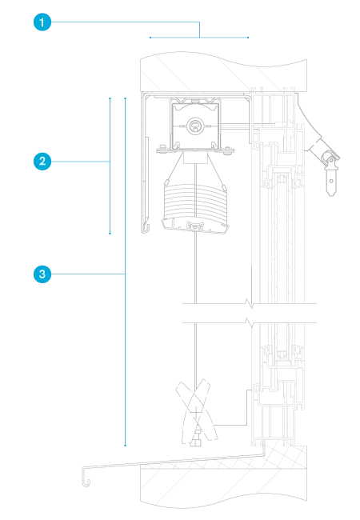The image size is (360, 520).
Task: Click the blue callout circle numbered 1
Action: (x=42, y=22)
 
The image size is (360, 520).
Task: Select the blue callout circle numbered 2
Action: (x=42, y=162)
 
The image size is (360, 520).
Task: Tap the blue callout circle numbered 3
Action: (x=42, y=274)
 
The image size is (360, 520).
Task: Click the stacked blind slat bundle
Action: (x=195, y=201)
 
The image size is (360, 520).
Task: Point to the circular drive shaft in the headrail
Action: (x=195, y=126)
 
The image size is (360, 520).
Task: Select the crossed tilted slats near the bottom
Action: (x=196, y=412)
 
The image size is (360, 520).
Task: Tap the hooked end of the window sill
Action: (x=86, y=477)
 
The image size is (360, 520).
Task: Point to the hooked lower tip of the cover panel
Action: (x=145, y=229)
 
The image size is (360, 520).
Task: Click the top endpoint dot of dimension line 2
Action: (x=110, y=98)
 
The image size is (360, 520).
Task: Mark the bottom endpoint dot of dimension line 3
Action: (x=126, y=446)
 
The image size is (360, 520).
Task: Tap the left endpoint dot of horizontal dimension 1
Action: (x=150, y=38)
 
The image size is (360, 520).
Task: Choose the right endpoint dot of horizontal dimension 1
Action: (x=248, y=38)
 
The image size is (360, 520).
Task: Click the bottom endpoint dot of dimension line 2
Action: (x=110, y=234)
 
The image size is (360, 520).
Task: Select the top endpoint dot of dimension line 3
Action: (x=126, y=98)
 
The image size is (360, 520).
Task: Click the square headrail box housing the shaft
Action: (x=195, y=124)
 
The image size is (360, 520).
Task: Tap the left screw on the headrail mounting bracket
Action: (x=162, y=147)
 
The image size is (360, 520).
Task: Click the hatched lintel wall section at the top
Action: (x=223, y=72)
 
